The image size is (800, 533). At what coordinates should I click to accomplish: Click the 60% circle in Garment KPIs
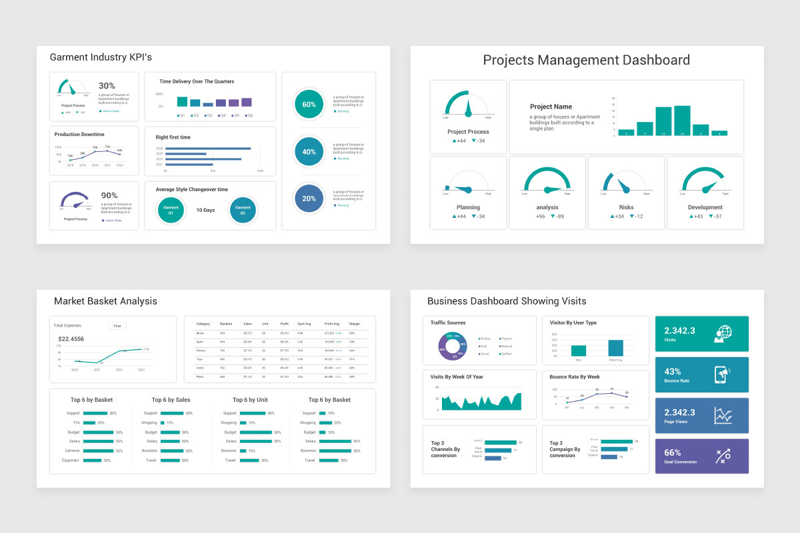pyautogui.click(x=309, y=105)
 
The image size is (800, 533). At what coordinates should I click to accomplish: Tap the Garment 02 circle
pyautogui.click(x=243, y=210)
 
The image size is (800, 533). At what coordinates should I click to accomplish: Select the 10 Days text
pyautogui.click(x=205, y=210)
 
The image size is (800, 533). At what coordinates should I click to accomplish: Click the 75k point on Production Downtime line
pyautogui.click(x=107, y=149)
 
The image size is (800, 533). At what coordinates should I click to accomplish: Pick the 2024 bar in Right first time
pyautogui.click(x=207, y=149)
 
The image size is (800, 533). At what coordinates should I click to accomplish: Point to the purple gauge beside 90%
pyautogui.click(x=74, y=201)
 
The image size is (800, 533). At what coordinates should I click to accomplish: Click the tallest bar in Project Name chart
pyautogui.click(x=682, y=121)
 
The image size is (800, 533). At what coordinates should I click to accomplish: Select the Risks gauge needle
pyautogui.click(x=624, y=185)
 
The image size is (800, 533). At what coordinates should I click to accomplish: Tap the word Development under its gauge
pyautogui.click(x=705, y=207)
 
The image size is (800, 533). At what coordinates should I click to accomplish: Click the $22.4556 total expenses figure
pyautogui.click(x=72, y=339)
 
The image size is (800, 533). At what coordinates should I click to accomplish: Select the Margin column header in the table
pyautogui.click(x=355, y=324)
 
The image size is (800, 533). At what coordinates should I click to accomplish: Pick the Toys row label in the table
pyautogui.click(x=199, y=359)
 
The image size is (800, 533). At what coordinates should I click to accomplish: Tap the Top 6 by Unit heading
pyautogui.click(x=250, y=400)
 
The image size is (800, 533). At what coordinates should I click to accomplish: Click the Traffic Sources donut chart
pyautogui.click(x=452, y=345)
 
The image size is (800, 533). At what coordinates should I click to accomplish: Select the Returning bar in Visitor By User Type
pyautogui.click(x=615, y=348)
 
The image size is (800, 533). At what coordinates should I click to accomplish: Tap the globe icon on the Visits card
pyautogui.click(x=723, y=334)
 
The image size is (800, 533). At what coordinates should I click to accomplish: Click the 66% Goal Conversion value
pyautogui.click(x=672, y=452)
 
